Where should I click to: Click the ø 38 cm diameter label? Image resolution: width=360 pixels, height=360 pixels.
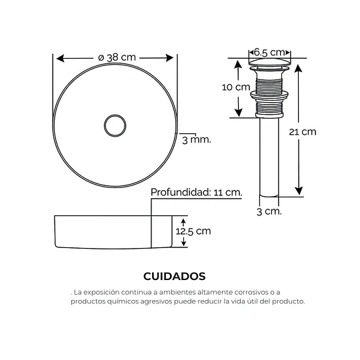pos(117,57)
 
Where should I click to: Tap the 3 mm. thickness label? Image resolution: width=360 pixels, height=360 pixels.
pos(197,139)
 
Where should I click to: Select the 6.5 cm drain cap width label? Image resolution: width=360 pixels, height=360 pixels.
pos(269,53)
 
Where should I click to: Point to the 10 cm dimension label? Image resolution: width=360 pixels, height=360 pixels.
pos(236,87)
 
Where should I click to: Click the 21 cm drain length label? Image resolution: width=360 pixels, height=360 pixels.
pos(303,132)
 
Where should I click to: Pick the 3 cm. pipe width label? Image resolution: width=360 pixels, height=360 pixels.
pos(269,211)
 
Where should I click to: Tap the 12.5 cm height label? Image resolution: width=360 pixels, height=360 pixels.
pos(193,231)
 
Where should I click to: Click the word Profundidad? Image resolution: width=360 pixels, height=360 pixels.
pos(181,192)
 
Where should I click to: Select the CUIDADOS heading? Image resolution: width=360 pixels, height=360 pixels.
pos(175,276)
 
